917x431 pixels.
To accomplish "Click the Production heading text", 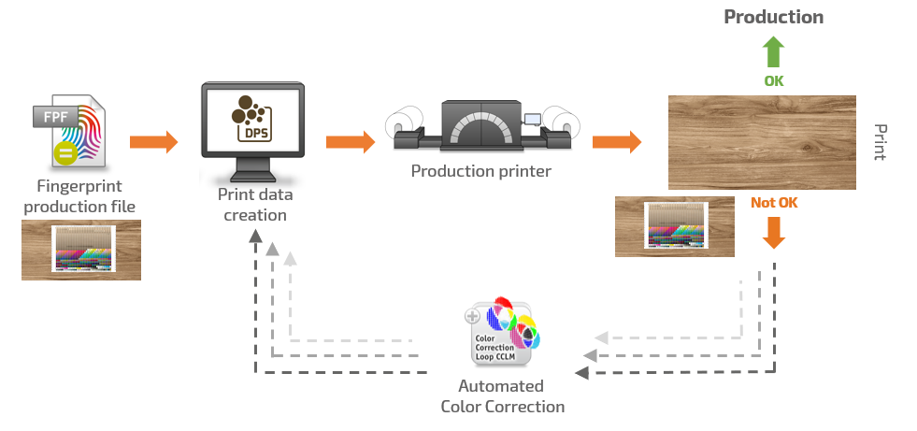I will point(773,17).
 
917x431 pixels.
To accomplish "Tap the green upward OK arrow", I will point(774,51).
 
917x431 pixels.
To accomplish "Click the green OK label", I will point(774,81).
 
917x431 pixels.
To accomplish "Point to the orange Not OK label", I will point(774,202).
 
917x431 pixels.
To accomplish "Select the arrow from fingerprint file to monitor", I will point(153,142).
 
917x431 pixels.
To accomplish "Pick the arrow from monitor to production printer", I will point(350,142).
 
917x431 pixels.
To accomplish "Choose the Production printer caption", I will point(481,171).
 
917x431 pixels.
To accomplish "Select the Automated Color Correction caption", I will point(502,396).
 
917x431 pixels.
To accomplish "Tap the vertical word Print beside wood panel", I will point(880,142).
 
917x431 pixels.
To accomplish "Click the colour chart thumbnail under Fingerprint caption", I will point(80,250).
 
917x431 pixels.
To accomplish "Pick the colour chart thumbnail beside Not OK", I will point(675,225).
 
